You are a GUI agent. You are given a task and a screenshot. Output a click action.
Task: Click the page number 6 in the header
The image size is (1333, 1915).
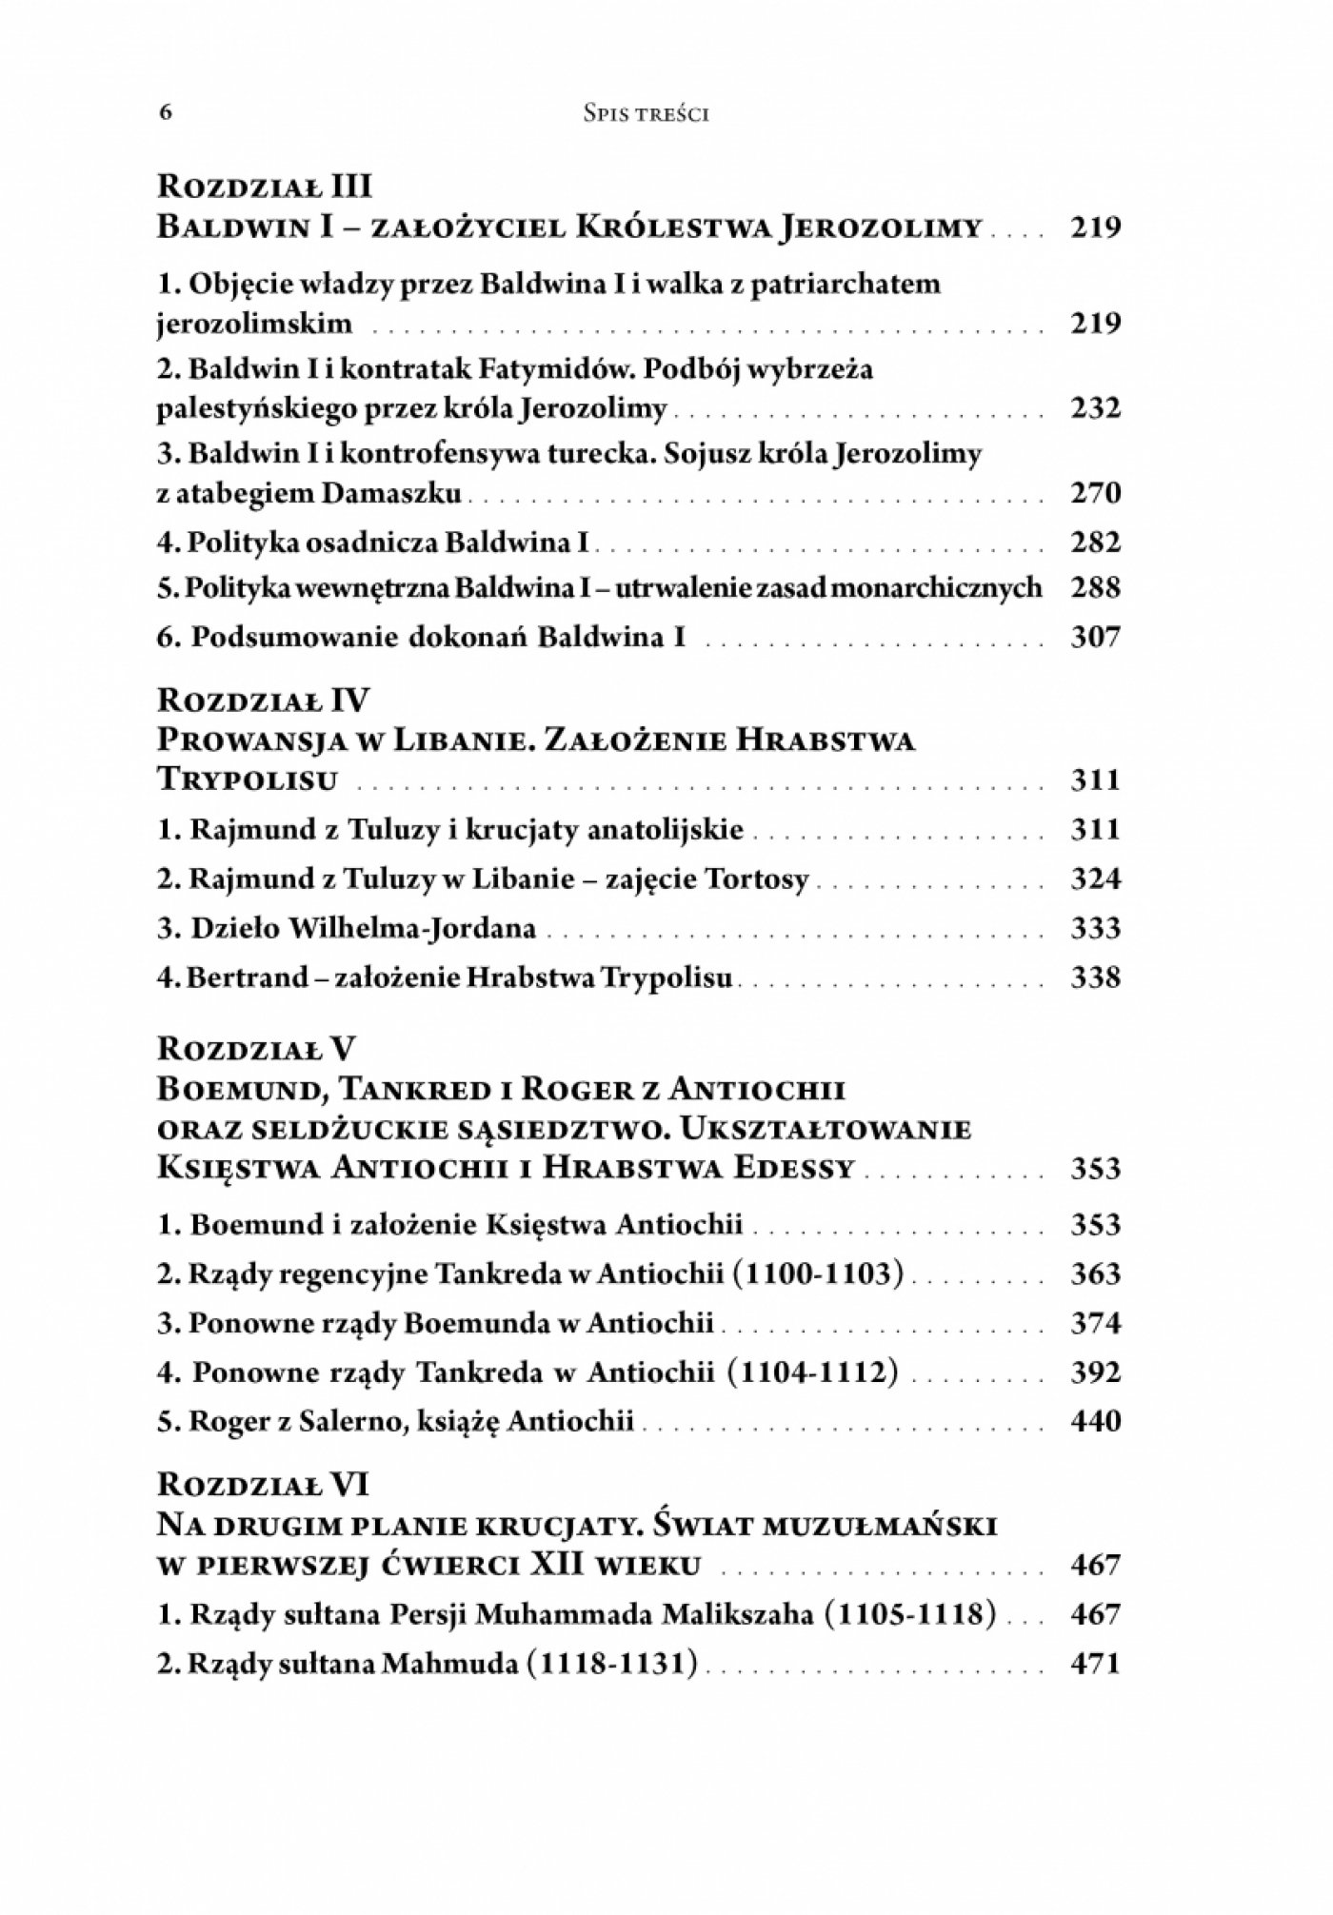pos(166,113)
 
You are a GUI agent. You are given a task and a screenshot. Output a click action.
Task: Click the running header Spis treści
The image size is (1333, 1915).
pos(646,114)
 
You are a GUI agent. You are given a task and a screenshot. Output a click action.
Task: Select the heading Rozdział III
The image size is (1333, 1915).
pos(263,184)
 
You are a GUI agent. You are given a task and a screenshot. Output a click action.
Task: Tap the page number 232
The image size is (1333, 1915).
pos(1095,408)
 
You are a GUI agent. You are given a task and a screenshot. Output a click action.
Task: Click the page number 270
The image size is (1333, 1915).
pos(1095,493)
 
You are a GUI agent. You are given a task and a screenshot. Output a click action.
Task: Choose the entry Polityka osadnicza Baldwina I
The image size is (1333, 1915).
pos(373,543)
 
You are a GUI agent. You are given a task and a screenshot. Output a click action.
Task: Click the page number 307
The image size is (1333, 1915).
pos(1095,636)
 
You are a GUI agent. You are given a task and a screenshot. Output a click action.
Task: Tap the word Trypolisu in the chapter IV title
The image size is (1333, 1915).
pos(248,780)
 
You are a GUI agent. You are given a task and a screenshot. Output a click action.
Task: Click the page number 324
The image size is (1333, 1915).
pos(1095,879)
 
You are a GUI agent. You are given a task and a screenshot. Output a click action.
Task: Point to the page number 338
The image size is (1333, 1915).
pos(1095,977)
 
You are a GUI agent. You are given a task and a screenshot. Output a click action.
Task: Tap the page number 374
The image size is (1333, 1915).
pos(1095,1323)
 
